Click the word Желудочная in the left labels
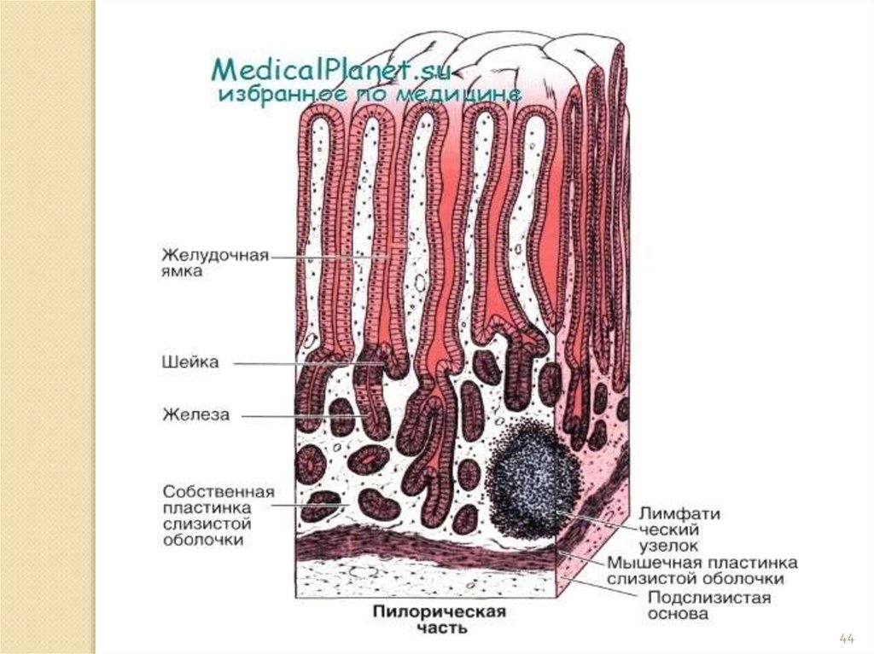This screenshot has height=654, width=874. pyautogui.click(x=216, y=255)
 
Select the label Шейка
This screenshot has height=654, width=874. pyautogui.click(x=190, y=362)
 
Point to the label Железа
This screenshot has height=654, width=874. pyautogui.click(x=196, y=415)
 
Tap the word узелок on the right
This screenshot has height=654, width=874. pyautogui.click(x=670, y=546)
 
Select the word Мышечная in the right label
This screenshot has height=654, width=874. pyautogui.click(x=649, y=564)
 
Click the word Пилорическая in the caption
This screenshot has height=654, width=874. pyautogui.click(x=439, y=612)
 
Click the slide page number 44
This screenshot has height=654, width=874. pyautogui.click(x=847, y=638)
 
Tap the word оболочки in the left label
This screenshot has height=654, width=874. pyautogui.click(x=205, y=540)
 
